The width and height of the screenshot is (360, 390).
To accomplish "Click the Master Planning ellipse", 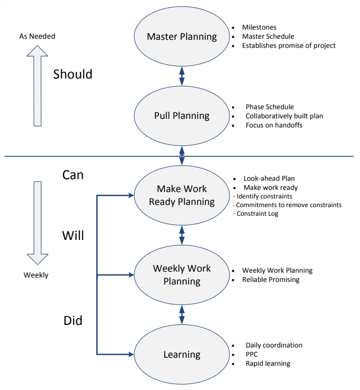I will (182, 37).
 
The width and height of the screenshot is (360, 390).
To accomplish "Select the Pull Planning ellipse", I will (182, 116).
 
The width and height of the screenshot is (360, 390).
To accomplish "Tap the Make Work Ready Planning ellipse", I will (182, 195).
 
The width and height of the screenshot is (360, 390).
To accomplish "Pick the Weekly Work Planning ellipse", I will (182, 275).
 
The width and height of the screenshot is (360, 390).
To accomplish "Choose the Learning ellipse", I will (182, 354).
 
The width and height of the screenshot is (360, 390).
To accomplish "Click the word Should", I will (73, 74).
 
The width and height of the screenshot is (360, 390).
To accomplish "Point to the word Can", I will (73, 175).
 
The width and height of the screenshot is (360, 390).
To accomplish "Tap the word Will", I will (73, 236).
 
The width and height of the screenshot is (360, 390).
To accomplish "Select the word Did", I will (73, 321).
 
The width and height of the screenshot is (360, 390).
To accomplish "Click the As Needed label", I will (37, 36).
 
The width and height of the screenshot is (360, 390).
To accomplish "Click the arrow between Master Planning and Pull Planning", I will (182, 76).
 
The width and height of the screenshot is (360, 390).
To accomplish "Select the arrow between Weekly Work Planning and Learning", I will (182, 315).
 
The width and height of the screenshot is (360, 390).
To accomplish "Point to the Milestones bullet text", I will (260, 27).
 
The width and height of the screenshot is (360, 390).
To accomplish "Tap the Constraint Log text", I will (257, 214).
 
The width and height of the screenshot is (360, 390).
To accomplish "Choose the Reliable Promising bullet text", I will (271, 280).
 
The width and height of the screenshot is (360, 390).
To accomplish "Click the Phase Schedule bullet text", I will (270, 107).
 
